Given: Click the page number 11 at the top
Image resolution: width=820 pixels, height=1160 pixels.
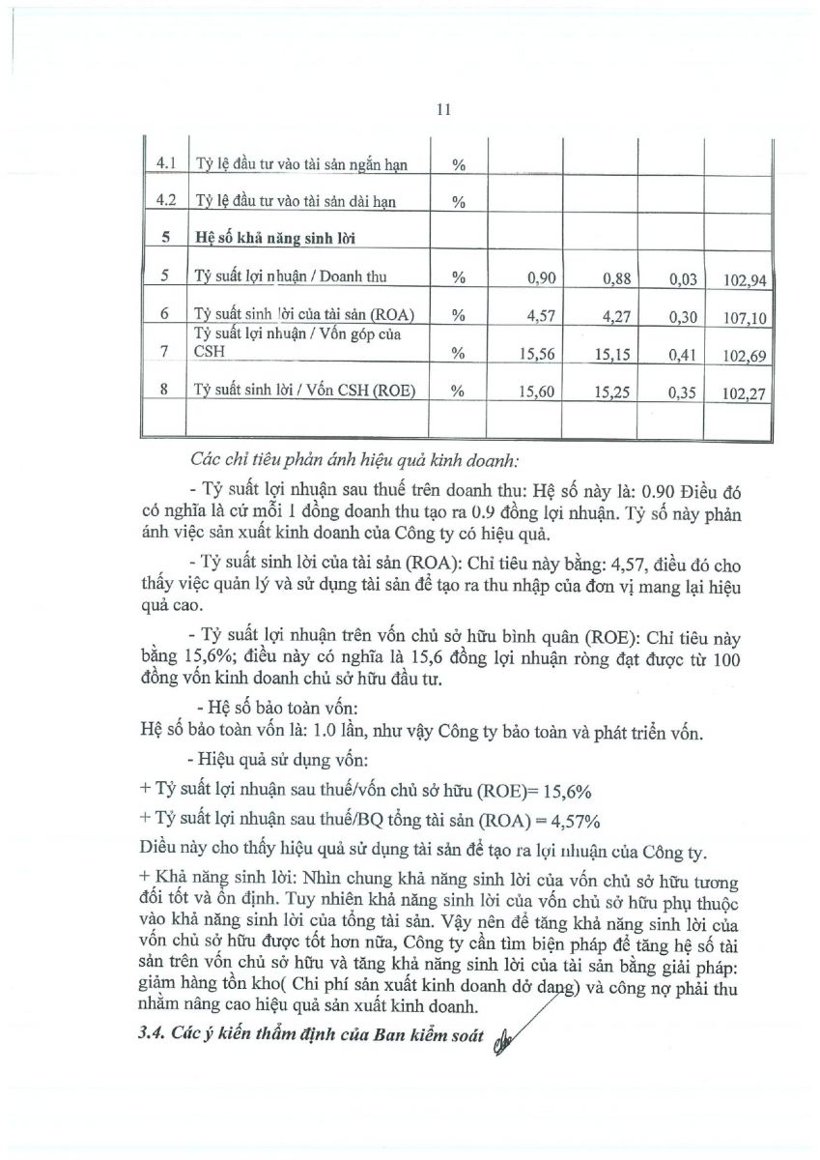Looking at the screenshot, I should pyautogui.click(x=444, y=110).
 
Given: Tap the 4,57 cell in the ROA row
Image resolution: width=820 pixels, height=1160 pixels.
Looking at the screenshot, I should pyautogui.click(x=543, y=315).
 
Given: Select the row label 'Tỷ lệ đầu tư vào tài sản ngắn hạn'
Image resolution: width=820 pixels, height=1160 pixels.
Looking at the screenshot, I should pyautogui.click(x=300, y=164).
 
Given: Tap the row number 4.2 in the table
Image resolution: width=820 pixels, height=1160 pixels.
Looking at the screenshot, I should pyautogui.click(x=164, y=201).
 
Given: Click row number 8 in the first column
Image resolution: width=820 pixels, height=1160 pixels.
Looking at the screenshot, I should pyautogui.click(x=164, y=390).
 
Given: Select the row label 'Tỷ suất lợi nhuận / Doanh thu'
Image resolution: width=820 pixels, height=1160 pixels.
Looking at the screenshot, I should pyautogui.click(x=290, y=277).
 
